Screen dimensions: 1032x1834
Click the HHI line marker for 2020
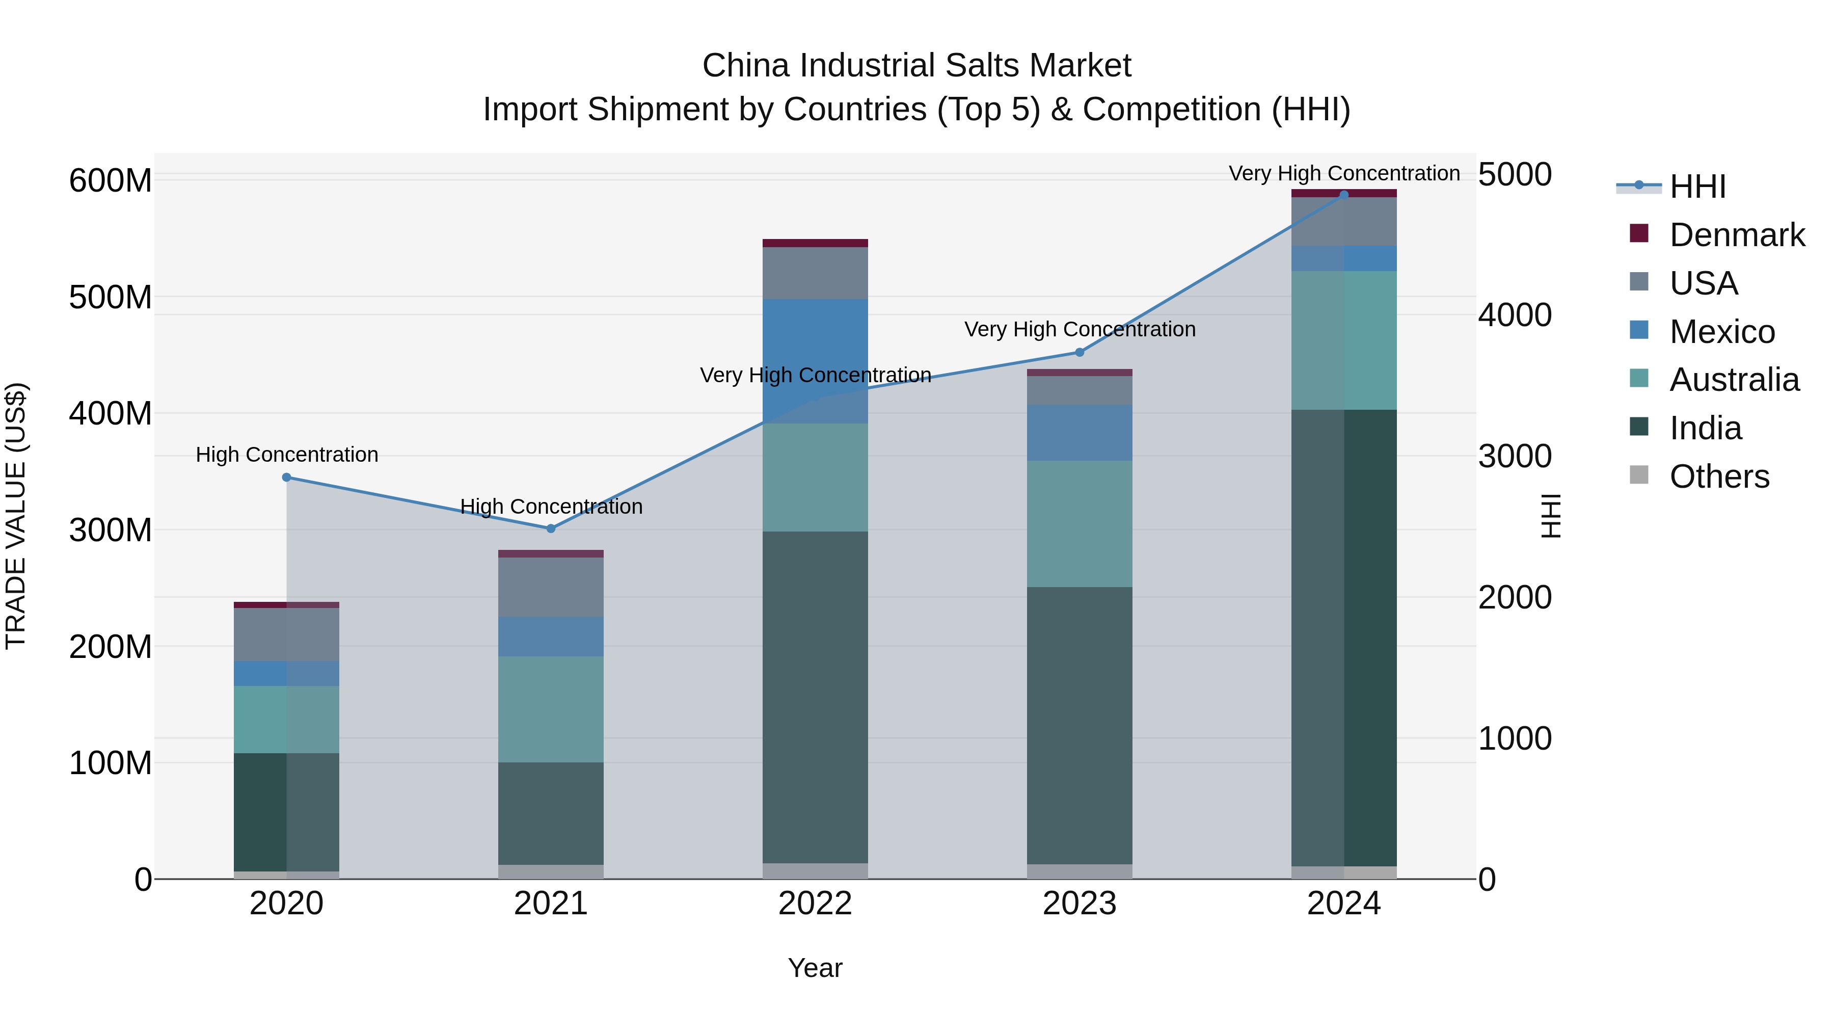coord(286,477)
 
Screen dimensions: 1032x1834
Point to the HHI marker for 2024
coord(1344,195)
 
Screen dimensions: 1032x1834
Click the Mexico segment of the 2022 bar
coord(815,361)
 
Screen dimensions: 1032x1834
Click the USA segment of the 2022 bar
coord(815,273)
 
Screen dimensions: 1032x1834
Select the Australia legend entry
coord(1734,380)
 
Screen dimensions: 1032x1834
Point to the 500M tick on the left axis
coord(111,297)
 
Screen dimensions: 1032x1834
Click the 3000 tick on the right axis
coord(1515,456)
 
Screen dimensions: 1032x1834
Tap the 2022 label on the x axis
coord(815,904)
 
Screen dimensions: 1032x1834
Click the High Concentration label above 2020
coord(286,455)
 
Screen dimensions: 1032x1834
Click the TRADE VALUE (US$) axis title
coord(16,516)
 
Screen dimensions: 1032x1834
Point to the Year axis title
coord(815,968)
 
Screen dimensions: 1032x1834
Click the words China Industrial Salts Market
coord(916,66)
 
